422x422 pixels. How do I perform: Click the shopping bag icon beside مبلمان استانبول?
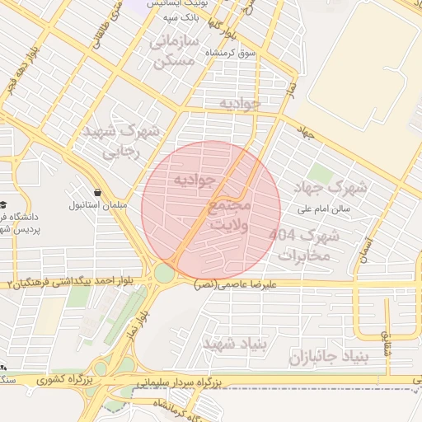click(98, 192)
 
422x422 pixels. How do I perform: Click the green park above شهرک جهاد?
click(321, 175)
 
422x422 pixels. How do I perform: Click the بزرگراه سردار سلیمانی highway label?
click(177, 384)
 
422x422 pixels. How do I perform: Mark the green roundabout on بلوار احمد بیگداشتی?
click(165, 272)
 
